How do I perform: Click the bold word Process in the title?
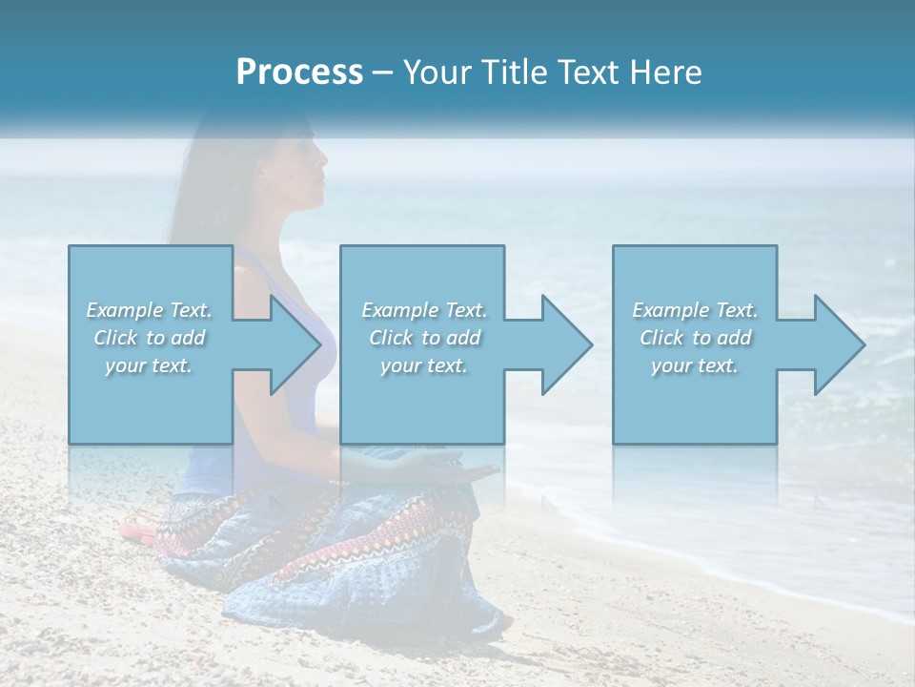299,73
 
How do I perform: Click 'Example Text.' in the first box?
150,310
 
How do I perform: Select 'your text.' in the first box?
150,365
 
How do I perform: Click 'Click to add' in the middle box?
424,338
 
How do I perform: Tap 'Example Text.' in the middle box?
424,310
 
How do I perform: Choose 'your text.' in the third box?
695,365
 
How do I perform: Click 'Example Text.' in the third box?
695,310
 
